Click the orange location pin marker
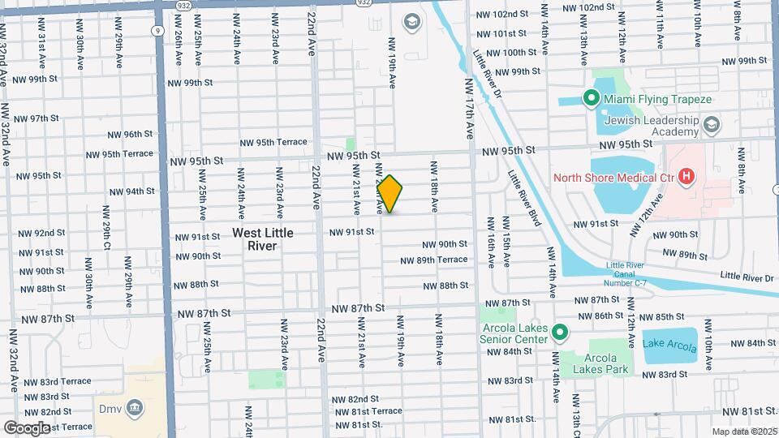389,194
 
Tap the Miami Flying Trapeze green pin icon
592,100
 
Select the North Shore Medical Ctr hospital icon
686,176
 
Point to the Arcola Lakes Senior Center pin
559,333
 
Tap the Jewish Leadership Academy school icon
712,124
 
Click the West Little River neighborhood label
262,238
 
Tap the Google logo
27,427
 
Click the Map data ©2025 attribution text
743,432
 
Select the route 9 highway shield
154,30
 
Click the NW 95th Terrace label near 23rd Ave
269,142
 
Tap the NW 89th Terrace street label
434,260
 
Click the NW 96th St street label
130,134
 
